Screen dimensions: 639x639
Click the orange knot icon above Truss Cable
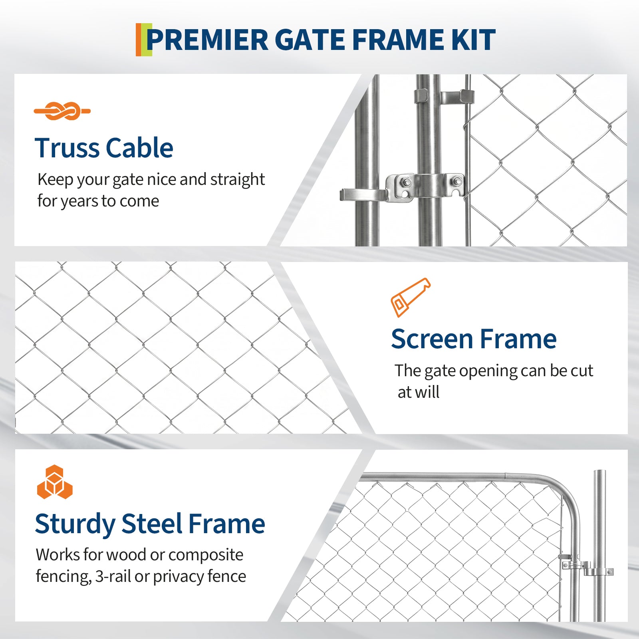[62, 111]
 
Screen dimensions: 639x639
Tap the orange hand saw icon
[411, 298]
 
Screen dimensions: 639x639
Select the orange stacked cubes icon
[55, 482]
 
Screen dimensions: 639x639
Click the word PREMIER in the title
[207, 40]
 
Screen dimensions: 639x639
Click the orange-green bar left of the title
[144, 40]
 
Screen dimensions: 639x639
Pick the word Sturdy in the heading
[75, 525]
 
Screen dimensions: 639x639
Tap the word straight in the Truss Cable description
[238, 180]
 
